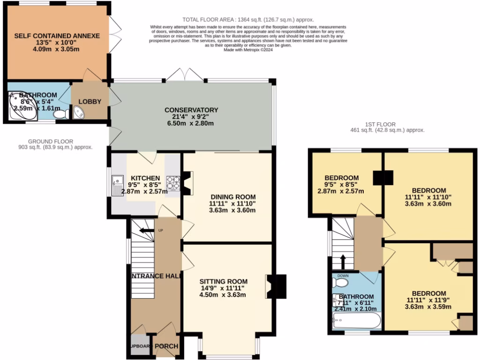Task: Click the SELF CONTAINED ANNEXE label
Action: click(57, 36)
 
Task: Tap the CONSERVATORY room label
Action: click(191, 110)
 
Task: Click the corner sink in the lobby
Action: click(79, 112)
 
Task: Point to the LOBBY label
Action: click(90, 101)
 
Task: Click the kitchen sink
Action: click(116, 185)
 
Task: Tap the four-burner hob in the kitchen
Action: click(173, 182)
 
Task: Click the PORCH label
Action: click(166, 346)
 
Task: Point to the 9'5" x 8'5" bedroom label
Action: click(342, 178)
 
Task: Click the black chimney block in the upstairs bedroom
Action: click(383, 178)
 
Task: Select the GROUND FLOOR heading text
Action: click(50, 141)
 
